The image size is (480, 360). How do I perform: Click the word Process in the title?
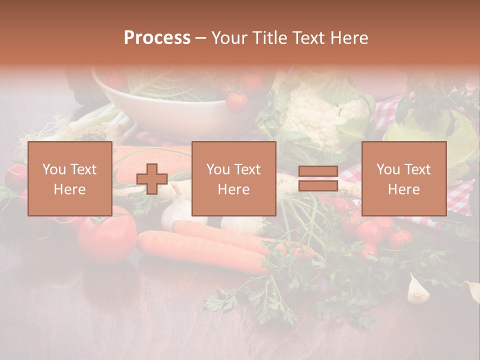(157, 37)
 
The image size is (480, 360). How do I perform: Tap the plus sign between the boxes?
(152, 179)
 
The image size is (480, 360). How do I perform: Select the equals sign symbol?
(318, 179)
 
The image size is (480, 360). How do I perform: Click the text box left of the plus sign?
(70, 179)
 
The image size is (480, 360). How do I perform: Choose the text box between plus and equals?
(233, 179)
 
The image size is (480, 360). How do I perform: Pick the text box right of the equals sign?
(403, 179)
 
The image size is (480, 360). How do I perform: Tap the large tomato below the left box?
(107, 235)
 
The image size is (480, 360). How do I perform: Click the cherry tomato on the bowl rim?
(236, 101)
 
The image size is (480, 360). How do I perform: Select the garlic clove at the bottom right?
(418, 290)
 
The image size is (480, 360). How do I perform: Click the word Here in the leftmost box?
(69, 189)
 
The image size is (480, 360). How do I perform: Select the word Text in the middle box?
(247, 169)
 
